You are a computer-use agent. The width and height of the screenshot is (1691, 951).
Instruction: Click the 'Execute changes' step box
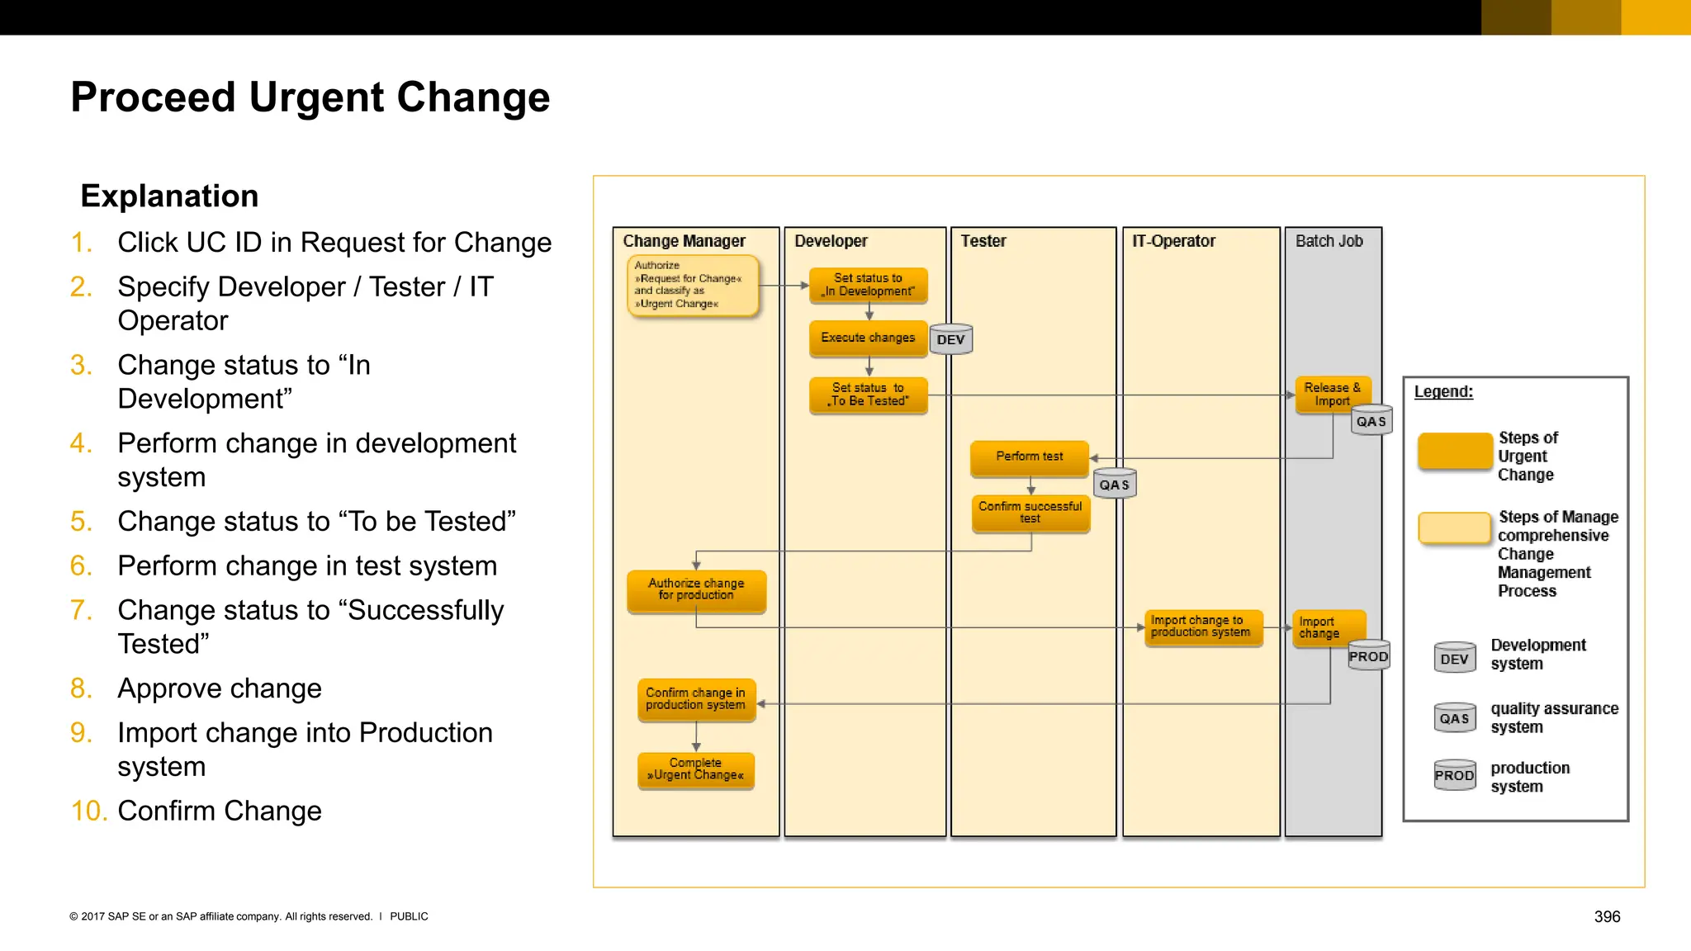(x=868, y=338)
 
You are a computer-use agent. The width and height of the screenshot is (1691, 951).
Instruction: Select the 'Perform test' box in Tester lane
(x=1029, y=457)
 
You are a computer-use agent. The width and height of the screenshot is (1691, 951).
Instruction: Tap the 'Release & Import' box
(x=1332, y=394)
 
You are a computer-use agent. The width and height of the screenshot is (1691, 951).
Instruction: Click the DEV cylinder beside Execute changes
(x=951, y=339)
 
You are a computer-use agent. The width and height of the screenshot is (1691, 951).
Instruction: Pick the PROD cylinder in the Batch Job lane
(x=1368, y=655)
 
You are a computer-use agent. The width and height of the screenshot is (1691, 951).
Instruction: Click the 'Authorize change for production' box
(x=696, y=590)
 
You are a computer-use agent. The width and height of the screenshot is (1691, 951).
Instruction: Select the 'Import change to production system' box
(x=1203, y=627)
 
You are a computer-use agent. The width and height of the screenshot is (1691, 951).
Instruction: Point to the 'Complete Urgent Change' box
(x=695, y=769)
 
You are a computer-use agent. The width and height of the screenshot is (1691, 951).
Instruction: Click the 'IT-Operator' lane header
(x=1173, y=241)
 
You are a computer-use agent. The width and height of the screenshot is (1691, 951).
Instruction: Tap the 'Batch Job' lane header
(x=1329, y=241)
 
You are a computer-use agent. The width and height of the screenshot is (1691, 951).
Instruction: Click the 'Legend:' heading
(x=1442, y=391)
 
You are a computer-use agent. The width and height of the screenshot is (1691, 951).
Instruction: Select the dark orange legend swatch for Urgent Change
(x=1454, y=452)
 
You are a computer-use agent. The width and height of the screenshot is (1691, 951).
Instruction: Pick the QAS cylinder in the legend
(x=1454, y=717)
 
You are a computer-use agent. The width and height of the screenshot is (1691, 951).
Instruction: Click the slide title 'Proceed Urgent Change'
(x=310, y=97)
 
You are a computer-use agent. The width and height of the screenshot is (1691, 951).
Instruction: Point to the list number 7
(x=81, y=610)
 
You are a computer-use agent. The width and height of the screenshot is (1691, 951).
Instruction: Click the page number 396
(x=1606, y=916)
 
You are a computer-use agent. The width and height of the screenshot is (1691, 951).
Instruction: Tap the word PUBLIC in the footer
(x=409, y=916)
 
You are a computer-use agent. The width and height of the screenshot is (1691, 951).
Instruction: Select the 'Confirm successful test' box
(x=1030, y=513)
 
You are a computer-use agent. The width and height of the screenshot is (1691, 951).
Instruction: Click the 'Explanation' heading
(x=169, y=196)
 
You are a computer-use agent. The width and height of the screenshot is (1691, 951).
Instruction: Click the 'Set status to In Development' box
(x=868, y=285)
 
